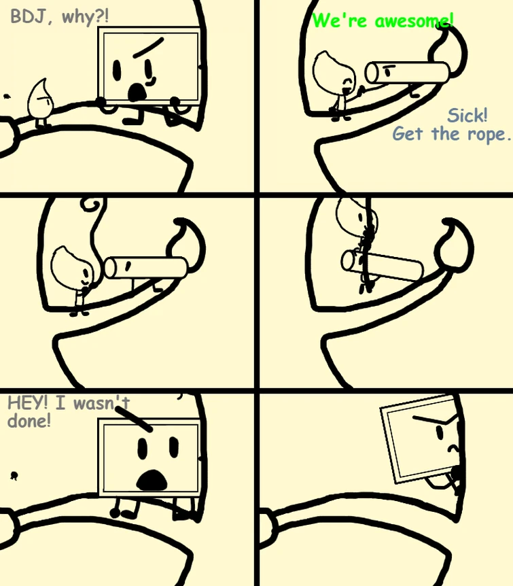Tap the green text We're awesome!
click(383, 20)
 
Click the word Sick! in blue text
click(467, 116)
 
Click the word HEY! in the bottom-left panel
click(28, 403)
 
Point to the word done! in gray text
click(29, 421)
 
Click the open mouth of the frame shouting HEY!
click(152, 480)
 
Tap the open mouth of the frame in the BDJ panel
click(137, 92)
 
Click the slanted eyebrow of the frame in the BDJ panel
click(148, 48)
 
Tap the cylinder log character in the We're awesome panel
click(407, 73)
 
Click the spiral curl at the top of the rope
click(91, 204)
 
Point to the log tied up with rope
click(382, 265)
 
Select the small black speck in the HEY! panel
click(14, 476)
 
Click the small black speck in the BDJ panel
click(6, 97)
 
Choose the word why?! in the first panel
click(85, 18)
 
